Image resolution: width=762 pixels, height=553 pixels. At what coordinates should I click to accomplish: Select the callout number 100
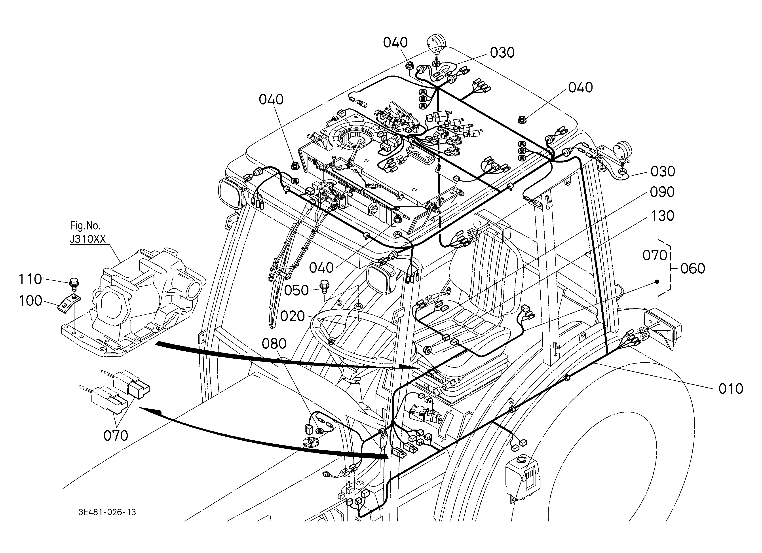click(30, 301)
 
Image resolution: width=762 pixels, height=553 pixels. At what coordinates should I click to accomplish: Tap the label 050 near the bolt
click(296, 290)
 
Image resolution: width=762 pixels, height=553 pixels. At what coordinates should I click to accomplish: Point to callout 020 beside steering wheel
click(292, 316)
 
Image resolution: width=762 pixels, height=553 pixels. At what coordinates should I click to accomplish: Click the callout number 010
click(731, 389)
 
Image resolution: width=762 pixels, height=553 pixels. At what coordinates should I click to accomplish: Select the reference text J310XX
click(88, 239)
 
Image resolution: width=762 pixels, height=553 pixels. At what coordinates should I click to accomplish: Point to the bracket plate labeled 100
click(69, 302)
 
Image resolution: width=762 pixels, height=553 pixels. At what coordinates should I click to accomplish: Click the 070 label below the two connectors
click(116, 436)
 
